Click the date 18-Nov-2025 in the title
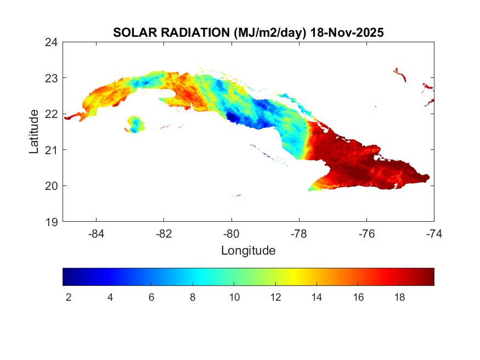347,32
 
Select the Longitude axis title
248,251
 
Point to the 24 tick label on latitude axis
53,42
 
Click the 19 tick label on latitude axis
53,222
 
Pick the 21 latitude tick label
53,150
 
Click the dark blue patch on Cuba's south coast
231,117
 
